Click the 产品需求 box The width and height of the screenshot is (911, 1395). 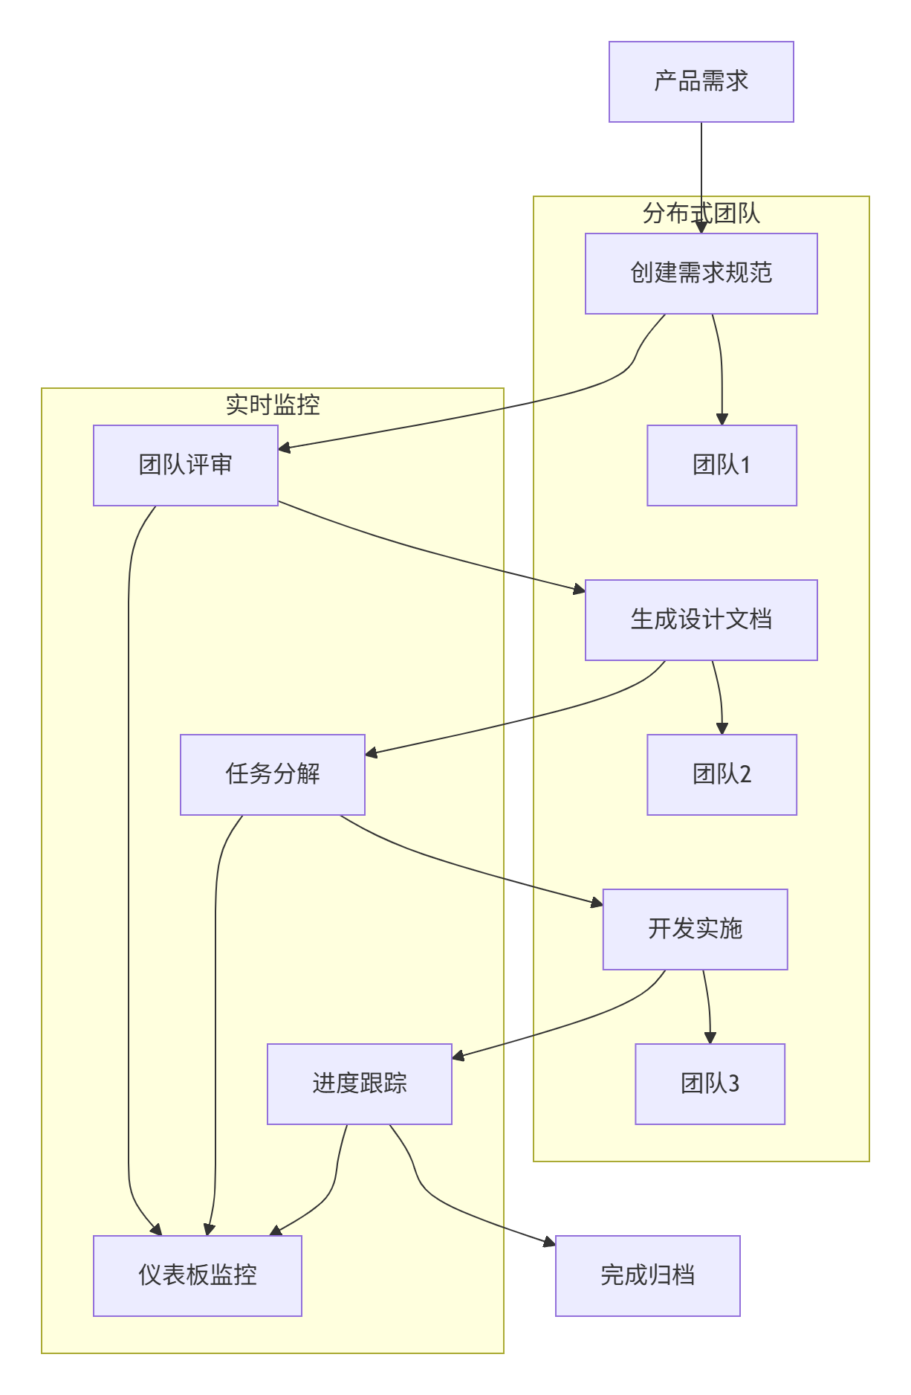[701, 82]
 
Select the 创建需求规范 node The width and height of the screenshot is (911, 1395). [701, 274]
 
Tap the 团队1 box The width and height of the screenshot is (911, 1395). [722, 465]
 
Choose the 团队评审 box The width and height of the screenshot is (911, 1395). [185, 465]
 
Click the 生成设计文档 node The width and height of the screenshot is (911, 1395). [701, 620]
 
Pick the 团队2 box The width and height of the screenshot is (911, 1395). [722, 775]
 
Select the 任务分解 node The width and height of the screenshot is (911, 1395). [272, 775]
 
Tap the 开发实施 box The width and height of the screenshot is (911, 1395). [695, 930]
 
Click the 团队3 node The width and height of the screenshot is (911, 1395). [710, 1084]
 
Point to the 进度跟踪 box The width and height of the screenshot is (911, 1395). [359, 1084]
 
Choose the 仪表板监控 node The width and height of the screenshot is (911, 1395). [197, 1276]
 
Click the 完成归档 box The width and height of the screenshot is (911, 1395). [647, 1276]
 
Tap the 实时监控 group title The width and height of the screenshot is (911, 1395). [272, 405]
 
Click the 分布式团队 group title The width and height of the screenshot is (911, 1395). [701, 213]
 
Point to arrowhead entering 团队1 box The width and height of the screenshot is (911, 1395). [722, 419]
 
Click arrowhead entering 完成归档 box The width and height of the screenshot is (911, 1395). [550, 1242]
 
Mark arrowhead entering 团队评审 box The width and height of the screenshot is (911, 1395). [284, 448]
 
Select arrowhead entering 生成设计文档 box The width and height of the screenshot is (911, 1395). [580, 590]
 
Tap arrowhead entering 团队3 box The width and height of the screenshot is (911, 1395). [710, 1038]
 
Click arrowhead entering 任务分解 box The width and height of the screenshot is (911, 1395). [371, 754]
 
